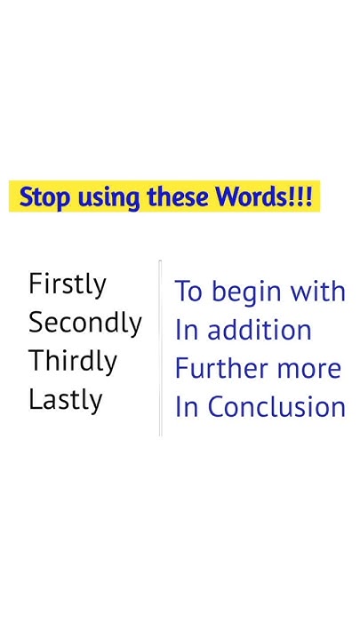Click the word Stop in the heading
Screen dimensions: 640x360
45,197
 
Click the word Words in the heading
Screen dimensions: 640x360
252,197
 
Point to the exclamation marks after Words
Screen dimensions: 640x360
301,197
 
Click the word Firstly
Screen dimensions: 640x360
68,284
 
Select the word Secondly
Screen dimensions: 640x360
85,323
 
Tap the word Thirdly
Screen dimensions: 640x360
73,362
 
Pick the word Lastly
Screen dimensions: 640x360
65,400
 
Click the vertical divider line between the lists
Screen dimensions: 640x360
160,347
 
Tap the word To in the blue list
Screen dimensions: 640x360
189,292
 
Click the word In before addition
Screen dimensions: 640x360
186,331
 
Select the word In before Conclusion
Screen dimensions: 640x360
186,407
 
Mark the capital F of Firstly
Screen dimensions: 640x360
36,284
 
